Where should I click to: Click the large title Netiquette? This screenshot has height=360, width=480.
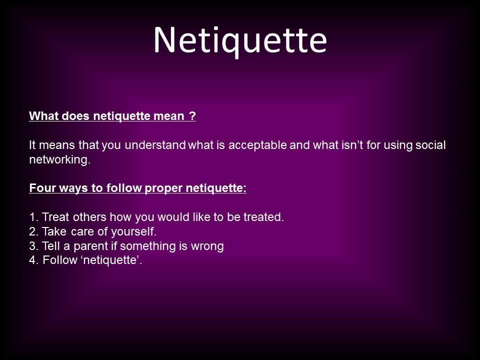[x=240, y=41]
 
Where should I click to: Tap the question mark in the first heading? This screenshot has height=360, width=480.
[x=192, y=116]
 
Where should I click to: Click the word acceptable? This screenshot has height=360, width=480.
[x=257, y=145]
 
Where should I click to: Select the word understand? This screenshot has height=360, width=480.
[x=155, y=145]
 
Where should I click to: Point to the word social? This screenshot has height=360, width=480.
[x=430, y=145]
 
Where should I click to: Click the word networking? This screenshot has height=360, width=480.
[x=59, y=160]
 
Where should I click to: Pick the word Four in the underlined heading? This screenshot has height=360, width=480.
[x=42, y=187]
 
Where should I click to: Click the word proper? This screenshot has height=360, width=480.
[x=163, y=188]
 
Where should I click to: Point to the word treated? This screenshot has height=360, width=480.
[x=263, y=217]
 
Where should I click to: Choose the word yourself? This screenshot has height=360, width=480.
[x=134, y=232]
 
